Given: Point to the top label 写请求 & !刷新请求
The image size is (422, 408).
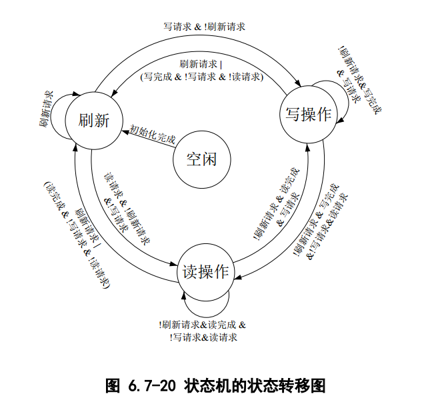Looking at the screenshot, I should (x=204, y=27).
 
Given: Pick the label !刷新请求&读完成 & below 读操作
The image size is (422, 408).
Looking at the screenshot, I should (x=203, y=325).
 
